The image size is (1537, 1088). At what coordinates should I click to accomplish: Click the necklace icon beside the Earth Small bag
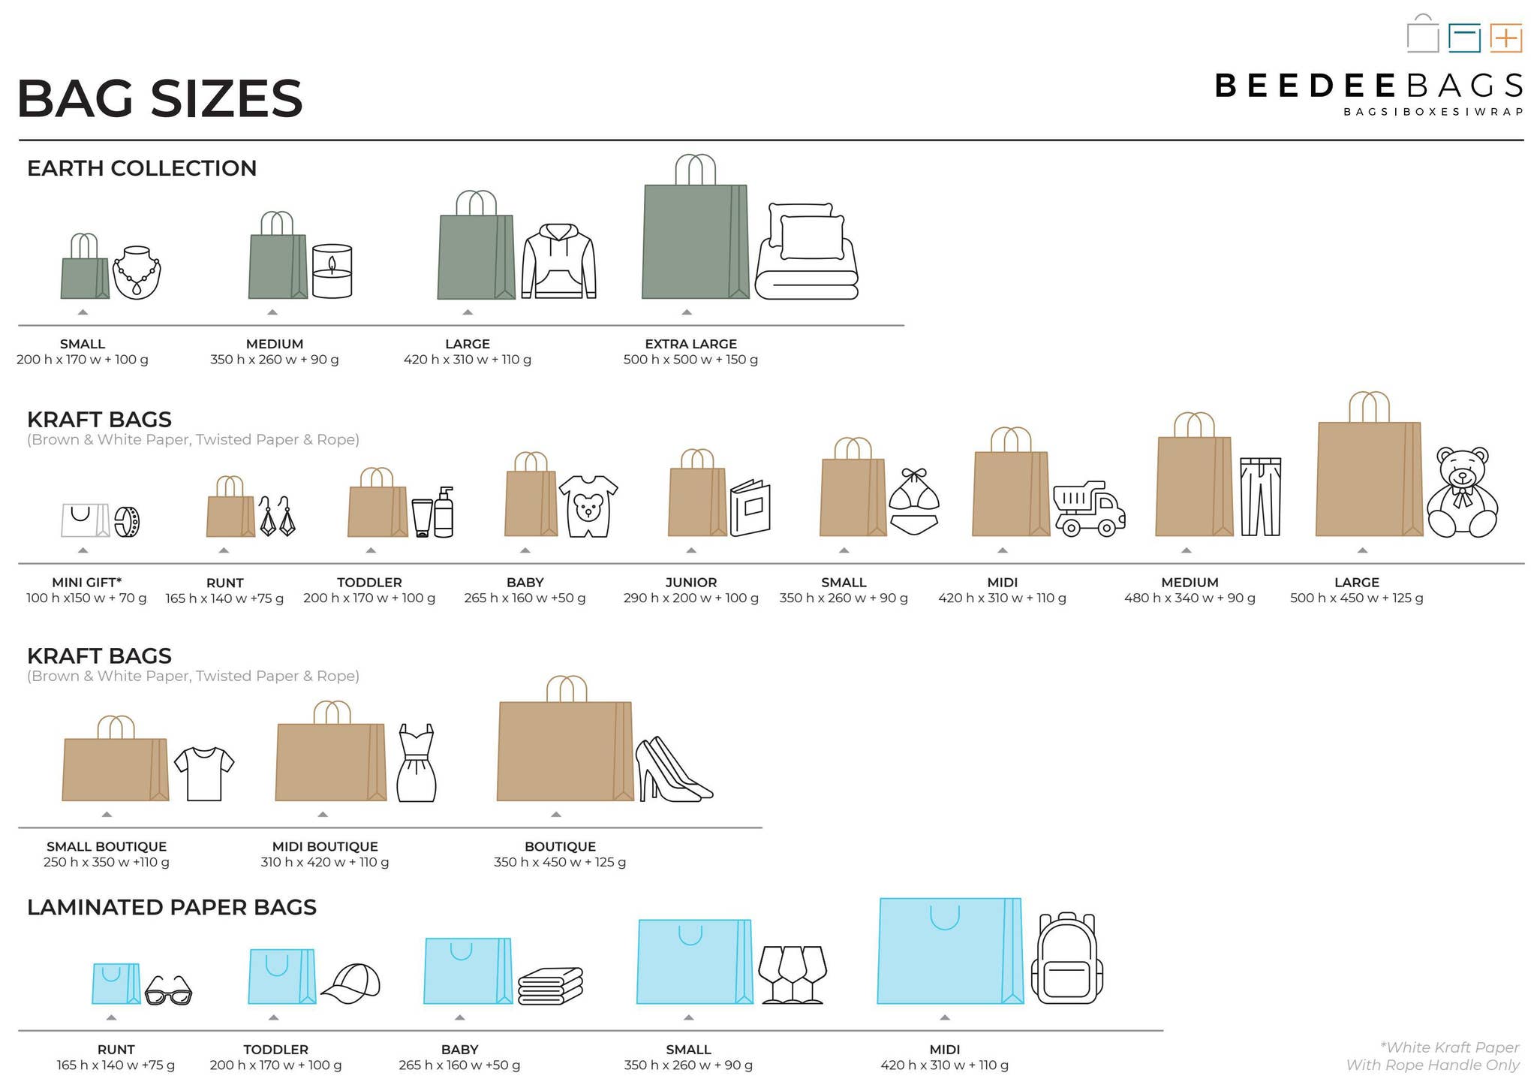point(137,272)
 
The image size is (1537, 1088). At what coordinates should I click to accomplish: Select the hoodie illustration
point(558,261)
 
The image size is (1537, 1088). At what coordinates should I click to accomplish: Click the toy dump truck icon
point(1089,509)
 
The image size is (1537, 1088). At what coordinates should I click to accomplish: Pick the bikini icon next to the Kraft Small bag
point(913,502)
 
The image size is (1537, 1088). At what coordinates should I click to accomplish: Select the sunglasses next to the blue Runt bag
point(168,990)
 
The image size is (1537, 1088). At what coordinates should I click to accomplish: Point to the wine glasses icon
point(793,974)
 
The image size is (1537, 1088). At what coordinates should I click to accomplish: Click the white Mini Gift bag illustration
point(85,520)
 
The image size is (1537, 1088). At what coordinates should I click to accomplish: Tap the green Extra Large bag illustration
point(695,240)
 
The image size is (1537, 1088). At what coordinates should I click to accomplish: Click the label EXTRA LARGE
point(690,344)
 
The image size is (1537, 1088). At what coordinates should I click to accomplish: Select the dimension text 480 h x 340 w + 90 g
point(1190,598)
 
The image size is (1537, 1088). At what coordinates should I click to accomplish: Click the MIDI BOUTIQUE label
point(325,846)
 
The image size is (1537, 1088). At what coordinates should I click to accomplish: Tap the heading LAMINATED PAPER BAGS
point(172,907)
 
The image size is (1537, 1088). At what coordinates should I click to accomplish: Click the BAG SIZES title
point(160,98)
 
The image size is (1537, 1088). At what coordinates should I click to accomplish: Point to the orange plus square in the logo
point(1505,38)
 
